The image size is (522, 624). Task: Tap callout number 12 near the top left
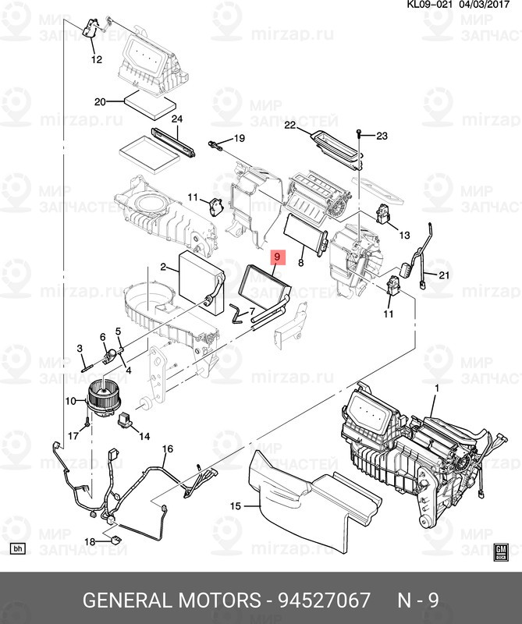(96, 59)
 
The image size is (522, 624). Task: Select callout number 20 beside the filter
(99, 101)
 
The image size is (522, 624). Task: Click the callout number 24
(176, 119)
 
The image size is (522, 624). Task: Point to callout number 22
(290, 125)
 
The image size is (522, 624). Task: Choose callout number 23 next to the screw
(381, 136)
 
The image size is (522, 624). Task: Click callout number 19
(239, 139)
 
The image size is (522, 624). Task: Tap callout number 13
(403, 235)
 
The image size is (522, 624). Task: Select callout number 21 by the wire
(443, 275)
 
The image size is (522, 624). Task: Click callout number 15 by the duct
(236, 506)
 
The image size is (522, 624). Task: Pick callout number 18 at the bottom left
(89, 541)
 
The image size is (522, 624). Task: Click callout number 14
(144, 437)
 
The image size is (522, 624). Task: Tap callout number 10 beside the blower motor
(69, 402)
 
